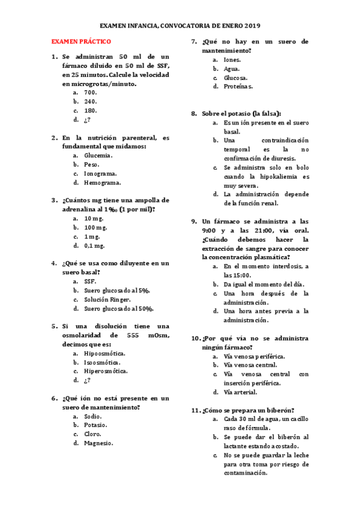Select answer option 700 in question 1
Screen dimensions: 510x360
click(91, 93)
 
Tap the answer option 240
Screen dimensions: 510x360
click(91, 102)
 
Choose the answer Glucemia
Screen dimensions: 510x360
click(99, 156)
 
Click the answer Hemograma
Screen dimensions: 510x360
click(102, 183)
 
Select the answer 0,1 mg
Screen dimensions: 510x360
click(94, 245)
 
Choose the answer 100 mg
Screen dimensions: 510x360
click(96, 227)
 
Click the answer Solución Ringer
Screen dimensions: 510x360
click(108, 299)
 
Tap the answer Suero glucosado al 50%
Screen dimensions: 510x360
click(118, 309)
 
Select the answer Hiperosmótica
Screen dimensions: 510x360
click(106, 371)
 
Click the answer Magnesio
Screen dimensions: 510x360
click(99, 443)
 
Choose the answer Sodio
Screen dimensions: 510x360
click(93, 416)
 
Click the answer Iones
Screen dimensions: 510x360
click(233, 60)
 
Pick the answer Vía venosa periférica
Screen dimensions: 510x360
click(254, 356)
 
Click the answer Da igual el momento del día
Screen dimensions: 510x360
click(264, 284)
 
